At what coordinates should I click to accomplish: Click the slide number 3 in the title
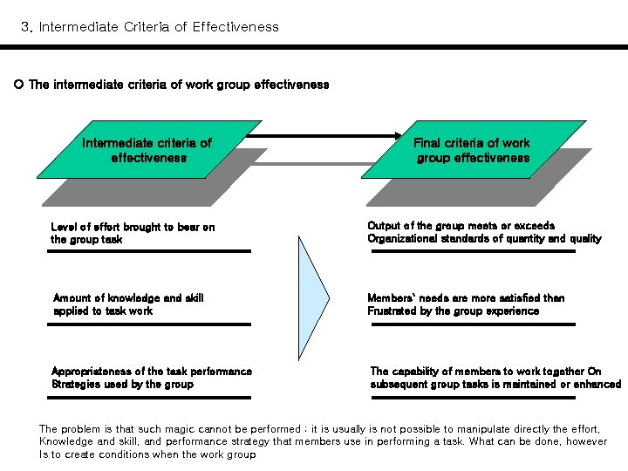click(25, 27)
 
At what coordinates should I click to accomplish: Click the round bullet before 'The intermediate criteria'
click(18, 85)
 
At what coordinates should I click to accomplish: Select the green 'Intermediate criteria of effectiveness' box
click(147, 151)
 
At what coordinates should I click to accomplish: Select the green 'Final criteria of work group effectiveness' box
click(472, 151)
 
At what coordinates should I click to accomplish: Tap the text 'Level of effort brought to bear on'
click(133, 227)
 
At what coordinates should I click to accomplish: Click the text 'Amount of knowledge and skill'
click(128, 297)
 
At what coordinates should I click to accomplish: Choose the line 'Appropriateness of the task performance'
click(152, 371)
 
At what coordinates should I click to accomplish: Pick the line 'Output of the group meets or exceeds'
click(461, 226)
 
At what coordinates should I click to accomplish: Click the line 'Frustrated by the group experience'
click(453, 311)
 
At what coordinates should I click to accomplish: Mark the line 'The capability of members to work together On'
click(486, 371)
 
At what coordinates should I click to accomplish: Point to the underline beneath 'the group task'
click(150, 251)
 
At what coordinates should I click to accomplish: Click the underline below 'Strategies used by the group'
click(150, 398)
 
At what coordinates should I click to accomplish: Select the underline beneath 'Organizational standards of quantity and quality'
click(473, 251)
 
